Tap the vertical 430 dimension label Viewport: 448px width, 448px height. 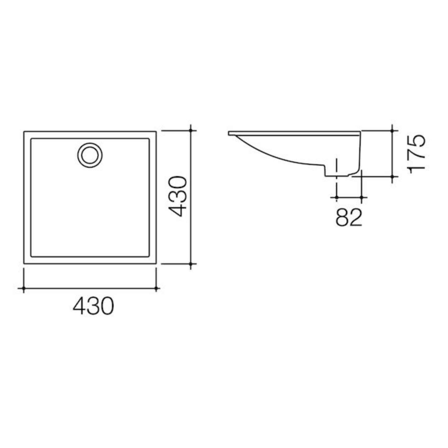[178, 197]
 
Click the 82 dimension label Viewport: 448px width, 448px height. [349, 217]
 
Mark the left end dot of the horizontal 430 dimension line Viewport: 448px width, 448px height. [24, 289]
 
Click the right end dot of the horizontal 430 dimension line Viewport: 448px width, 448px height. [156, 289]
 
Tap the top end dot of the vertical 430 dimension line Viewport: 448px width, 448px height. [191, 131]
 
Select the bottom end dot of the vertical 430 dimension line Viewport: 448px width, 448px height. [191, 264]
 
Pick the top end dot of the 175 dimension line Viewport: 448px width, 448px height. [392, 131]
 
